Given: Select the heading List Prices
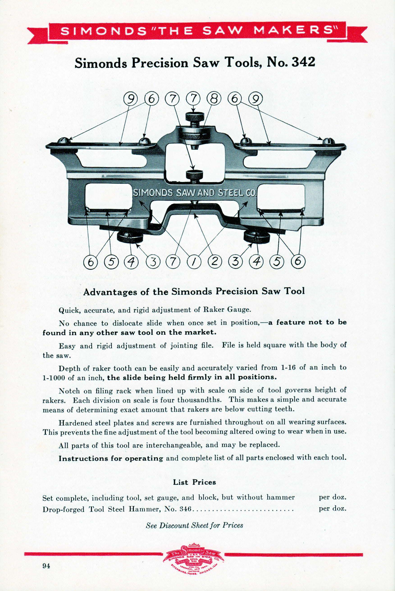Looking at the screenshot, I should (x=194, y=482).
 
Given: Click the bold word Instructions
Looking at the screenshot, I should (x=85, y=458).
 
